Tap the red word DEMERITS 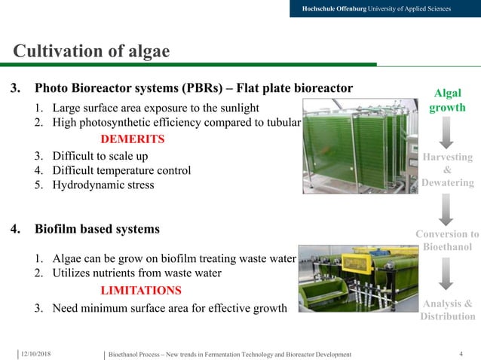pos(133,139)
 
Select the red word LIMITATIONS pos(141,290)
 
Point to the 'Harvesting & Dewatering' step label pos(448,169)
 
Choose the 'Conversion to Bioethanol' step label pos(447,240)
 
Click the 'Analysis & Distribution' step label pos(447,310)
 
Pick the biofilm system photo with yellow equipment pos(355,278)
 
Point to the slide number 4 pos(461,353)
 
